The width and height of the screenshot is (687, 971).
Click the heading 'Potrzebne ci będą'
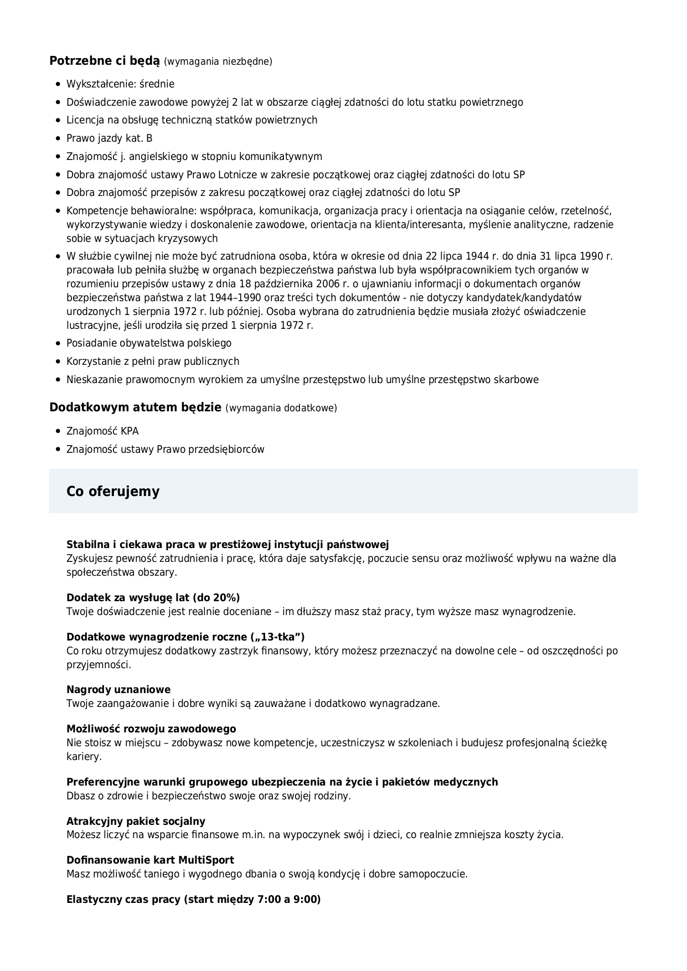pos(104,61)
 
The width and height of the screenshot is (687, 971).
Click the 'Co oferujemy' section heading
pos(113,491)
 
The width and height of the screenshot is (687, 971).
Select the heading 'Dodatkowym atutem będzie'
pos(135,407)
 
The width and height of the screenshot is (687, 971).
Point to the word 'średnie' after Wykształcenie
pos(158,84)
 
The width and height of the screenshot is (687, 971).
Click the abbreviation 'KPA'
pos(130,431)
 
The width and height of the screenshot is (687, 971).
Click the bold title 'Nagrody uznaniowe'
pos(118,690)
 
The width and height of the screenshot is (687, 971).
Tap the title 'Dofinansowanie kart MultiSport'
pos(150,860)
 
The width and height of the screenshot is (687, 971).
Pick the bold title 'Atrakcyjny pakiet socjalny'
pos(136,821)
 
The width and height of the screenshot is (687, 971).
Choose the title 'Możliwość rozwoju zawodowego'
pos(151,729)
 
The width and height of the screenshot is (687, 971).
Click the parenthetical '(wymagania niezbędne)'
pos(218,61)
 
